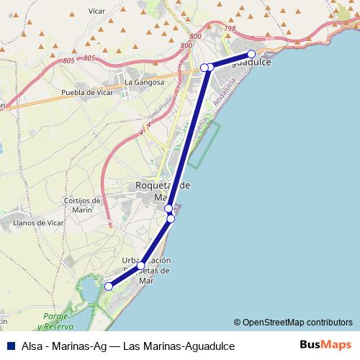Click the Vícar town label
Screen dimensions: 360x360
click(96, 12)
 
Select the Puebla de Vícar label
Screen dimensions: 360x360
click(89, 92)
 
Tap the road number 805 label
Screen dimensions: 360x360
click(89, 58)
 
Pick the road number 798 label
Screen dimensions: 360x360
click(230, 29)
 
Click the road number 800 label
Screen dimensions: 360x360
click(186, 45)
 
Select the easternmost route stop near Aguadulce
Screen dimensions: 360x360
click(251, 54)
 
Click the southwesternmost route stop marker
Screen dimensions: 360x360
click(109, 287)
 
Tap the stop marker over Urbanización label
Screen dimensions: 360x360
click(141, 266)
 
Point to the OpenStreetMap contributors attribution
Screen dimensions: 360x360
click(293, 323)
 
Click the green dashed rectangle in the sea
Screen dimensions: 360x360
click(204, 144)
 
